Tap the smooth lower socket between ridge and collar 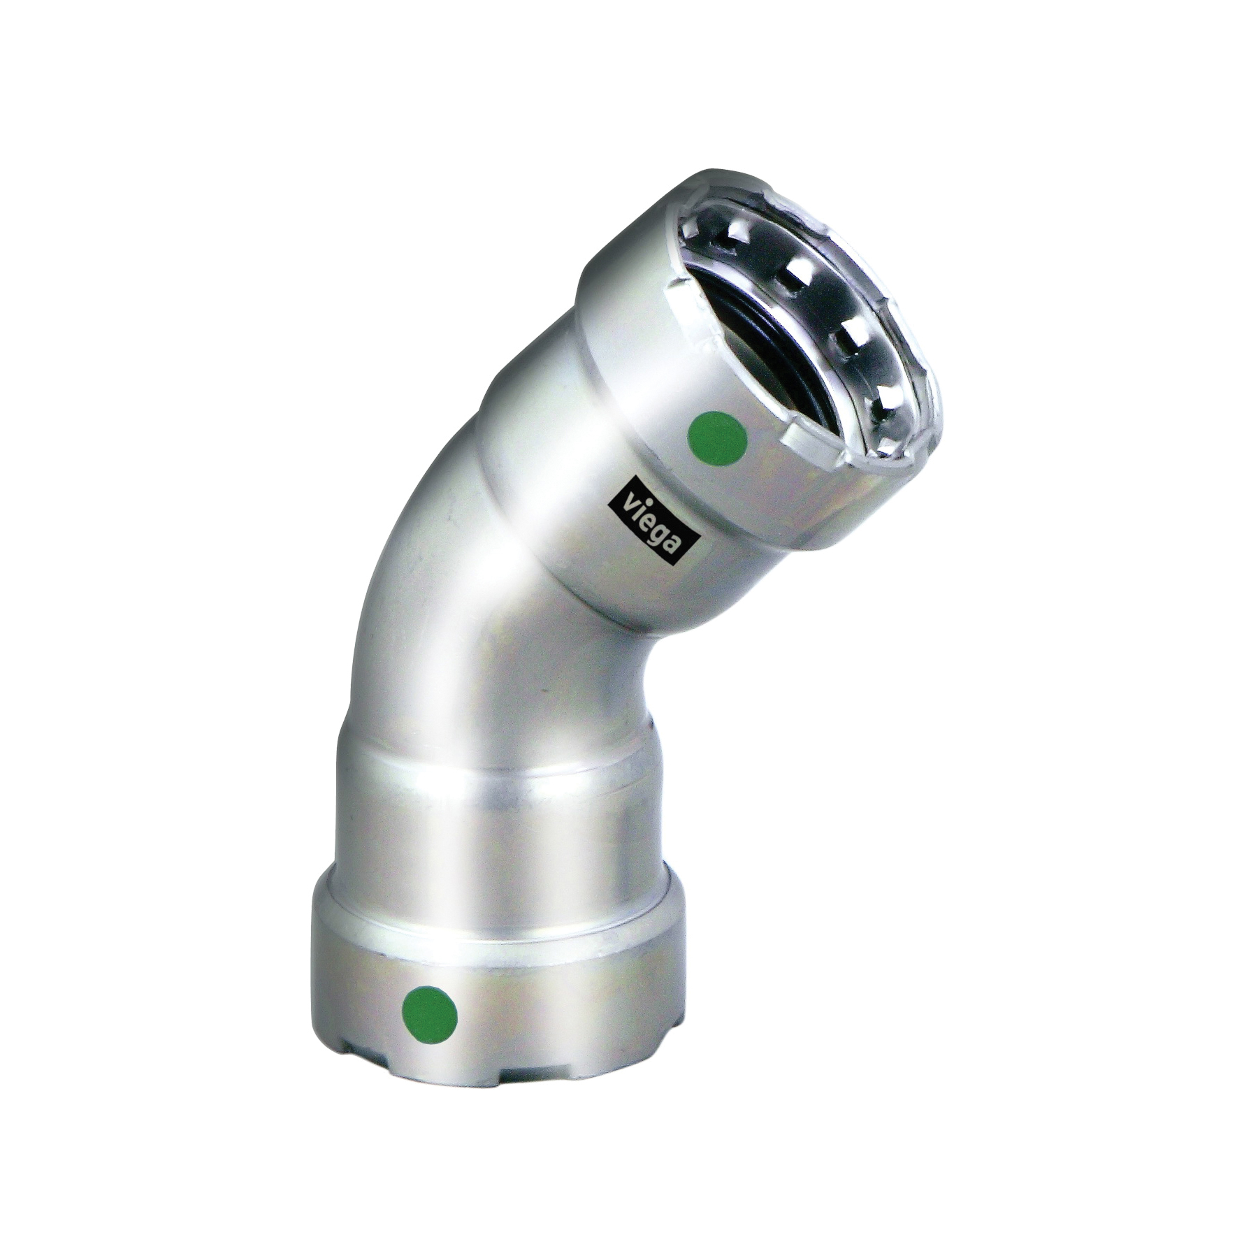[489, 839]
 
